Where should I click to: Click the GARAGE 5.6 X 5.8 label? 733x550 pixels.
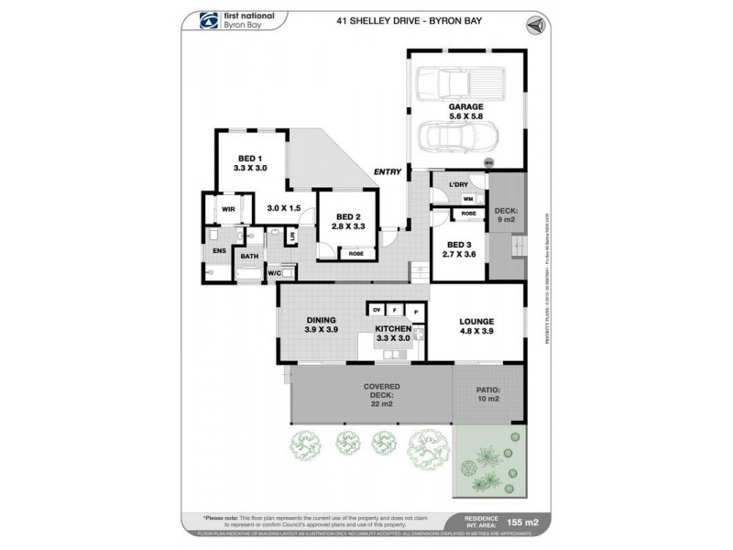[465, 111]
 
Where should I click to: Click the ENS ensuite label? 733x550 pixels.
[219, 249]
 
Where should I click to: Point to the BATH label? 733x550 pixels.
[249, 257]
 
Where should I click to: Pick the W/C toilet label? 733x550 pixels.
[274, 273]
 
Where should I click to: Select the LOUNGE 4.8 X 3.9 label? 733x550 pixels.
[476, 325]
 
